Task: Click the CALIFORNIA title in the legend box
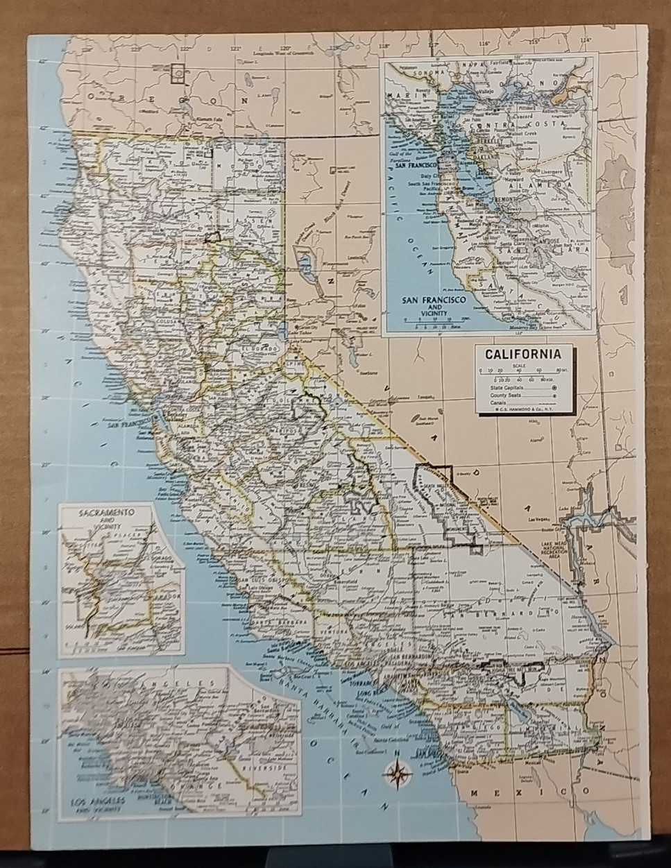tap(523, 353)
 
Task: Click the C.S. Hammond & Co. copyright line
tap(523, 409)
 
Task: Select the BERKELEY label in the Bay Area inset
tap(488, 138)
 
